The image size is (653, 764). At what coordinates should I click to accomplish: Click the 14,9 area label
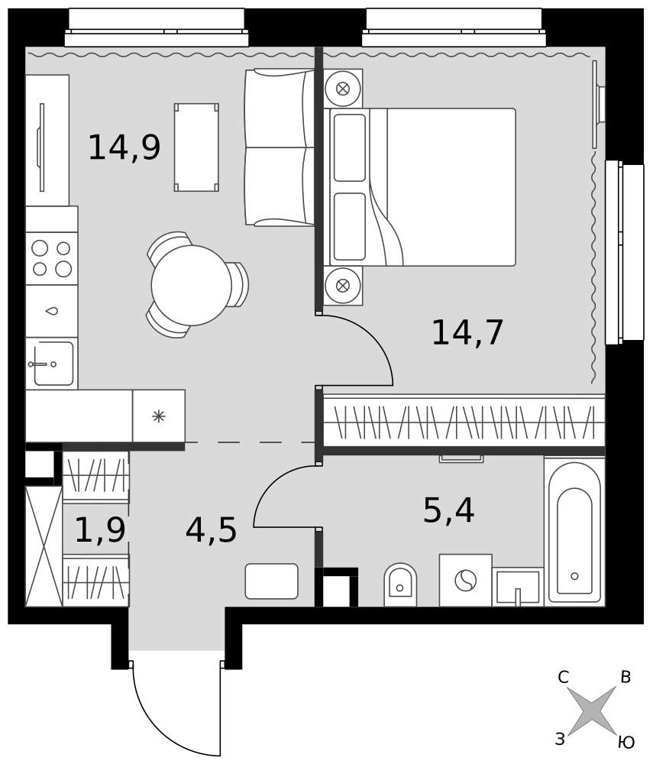124,147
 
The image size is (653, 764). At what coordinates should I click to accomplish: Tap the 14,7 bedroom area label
467,333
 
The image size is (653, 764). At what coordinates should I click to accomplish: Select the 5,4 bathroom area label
448,510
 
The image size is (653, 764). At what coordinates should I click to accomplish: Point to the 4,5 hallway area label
211,530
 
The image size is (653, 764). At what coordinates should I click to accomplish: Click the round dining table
192,285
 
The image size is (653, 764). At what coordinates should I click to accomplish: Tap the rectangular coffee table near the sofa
196,147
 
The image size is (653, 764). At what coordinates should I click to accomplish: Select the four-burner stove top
52,258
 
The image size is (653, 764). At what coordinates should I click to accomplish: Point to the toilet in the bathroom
400,584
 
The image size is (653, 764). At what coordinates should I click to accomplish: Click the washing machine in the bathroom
466,581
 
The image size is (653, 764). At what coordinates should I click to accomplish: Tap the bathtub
574,532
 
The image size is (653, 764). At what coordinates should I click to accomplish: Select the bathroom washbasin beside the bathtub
518,587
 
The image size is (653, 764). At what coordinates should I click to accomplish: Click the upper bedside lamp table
343,89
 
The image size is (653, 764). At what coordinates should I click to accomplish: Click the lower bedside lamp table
343,286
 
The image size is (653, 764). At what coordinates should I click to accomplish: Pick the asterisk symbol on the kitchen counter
159,416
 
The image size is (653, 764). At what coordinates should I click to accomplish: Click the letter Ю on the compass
626,743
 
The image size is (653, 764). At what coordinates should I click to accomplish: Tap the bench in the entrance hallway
272,581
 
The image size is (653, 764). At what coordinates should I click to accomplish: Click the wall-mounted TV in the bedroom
598,104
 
